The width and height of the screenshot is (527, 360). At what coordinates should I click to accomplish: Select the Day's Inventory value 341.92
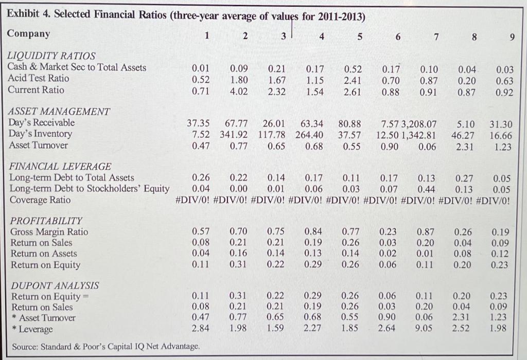[233, 135]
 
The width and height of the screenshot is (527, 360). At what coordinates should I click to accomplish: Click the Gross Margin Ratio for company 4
[314, 232]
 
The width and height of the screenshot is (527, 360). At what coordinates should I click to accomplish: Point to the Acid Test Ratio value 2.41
[353, 79]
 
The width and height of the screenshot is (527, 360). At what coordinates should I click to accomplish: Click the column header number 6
[398, 36]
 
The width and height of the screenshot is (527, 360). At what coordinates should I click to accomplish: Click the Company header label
[29, 34]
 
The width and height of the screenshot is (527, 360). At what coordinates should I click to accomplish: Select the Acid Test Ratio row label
[38, 79]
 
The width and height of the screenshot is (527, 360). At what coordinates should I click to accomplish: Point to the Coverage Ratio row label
[40, 200]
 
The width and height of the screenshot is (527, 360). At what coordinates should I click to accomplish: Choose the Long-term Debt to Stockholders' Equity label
[89, 189]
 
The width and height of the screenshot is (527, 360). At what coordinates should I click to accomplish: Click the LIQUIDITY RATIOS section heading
[51, 56]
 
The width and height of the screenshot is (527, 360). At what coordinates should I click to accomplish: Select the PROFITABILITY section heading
[45, 221]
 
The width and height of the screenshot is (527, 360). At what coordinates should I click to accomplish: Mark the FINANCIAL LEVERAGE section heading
[60, 167]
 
